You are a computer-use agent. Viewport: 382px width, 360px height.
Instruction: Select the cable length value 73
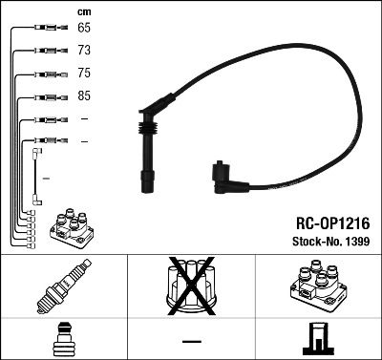click(84, 50)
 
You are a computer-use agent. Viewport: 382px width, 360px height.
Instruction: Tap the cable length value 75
click(84, 73)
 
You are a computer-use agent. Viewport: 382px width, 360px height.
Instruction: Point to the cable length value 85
click(84, 96)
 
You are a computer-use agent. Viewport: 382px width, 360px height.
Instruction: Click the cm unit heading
click(83, 11)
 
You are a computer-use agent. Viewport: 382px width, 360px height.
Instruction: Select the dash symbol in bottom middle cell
click(191, 339)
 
